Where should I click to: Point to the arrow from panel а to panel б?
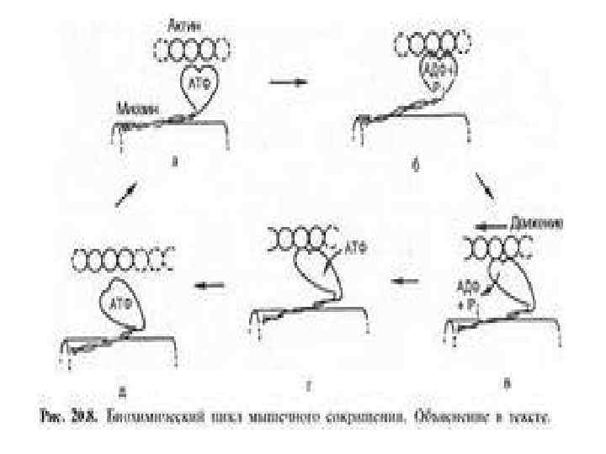pyautogui.click(x=283, y=83)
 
